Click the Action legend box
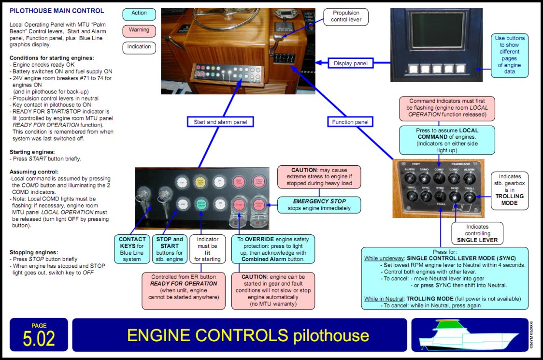139,14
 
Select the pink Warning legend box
139,30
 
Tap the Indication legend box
139,47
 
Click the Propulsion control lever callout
346,17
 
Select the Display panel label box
351,63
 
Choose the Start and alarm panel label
220,122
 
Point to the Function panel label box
350,122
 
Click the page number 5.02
39,335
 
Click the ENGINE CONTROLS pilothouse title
240,335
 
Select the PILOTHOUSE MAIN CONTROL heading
57,11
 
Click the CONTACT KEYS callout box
132,249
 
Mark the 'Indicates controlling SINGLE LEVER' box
477,233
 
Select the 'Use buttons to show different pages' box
509,55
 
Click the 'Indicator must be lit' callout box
207,249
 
